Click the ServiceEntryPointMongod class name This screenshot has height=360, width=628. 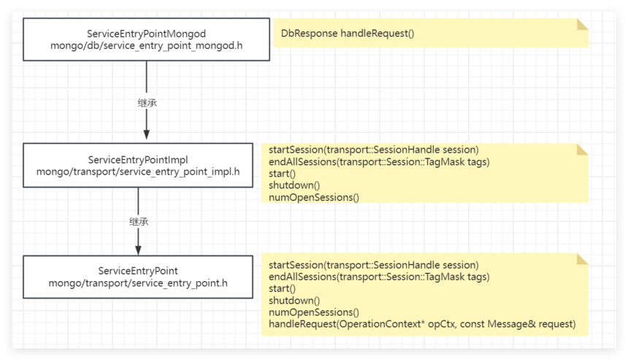[x=146, y=34]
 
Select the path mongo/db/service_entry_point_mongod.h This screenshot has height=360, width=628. [x=146, y=46]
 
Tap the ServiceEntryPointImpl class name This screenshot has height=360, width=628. [x=138, y=159]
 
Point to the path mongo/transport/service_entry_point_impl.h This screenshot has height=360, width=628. [x=138, y=172]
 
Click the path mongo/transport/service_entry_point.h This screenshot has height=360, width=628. [x=138, y=283]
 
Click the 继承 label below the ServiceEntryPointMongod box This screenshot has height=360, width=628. [x=147, y=103]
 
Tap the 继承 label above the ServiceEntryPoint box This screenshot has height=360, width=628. [x=138, y=220]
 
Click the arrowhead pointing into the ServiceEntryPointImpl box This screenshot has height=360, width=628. [x=147, y=134]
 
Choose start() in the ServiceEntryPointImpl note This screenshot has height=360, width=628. [x=282, y=173]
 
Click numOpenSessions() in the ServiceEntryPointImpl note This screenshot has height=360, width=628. [x=314, y=197]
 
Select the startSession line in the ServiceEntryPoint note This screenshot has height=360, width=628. [x=373, y=264]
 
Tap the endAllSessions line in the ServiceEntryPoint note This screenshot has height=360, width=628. [x=379, y=277]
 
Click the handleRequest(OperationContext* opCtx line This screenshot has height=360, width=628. [x=422, y=323]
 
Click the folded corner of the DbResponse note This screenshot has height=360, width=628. [x=582, y=23]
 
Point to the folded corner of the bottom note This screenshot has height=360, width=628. [x=582, y=259]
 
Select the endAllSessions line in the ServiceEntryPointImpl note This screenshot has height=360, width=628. [x=379, y=161]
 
